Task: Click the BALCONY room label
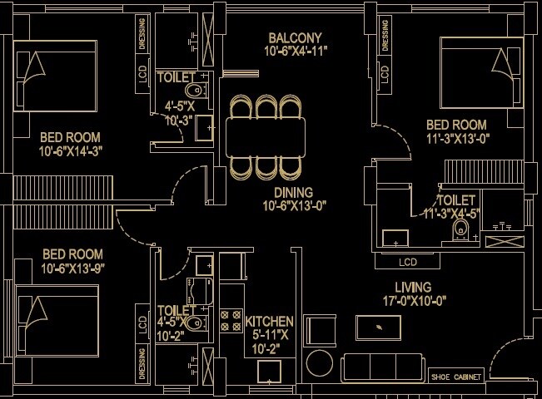pyautogui.click(x=295, y=38)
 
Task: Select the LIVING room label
pyautogui.click(x=413, y=288)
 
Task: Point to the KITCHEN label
pyautogui.click(x=269, y=321)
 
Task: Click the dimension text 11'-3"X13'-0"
pyautogui.click(x=456, y=139)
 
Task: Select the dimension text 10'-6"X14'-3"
pyautogui.click(x=70, y=151)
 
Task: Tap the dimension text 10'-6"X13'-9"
pyautogui.click(x=72, y=268)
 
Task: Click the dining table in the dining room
pyautogui.click(x=266, y=136)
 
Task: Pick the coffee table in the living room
pyautogui.click(x=380, y=327)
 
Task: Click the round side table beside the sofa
pyautogui.click(x=319, y=362)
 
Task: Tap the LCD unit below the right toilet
pyautogui.click(x=408, y=262)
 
